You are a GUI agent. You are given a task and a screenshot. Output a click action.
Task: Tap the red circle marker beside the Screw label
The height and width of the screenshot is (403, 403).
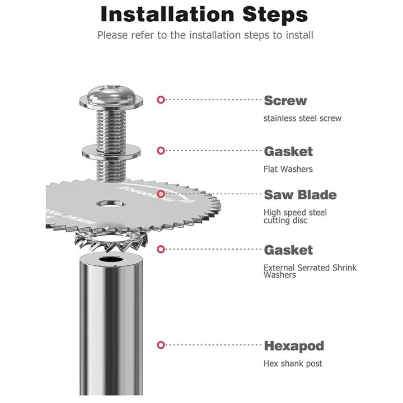tap(161, 100)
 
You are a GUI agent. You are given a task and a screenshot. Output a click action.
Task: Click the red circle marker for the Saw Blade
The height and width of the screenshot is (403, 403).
tap(161, 194)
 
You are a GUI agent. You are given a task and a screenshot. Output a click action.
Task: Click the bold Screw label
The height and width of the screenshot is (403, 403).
tap(285, 101)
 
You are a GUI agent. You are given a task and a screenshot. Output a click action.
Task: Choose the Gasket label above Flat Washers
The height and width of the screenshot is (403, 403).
tap(288, 151)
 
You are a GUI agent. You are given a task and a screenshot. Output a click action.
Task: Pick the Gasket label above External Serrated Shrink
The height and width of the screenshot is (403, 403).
tap(288, 250)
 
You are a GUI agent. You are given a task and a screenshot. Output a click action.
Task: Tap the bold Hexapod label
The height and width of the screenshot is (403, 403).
tap(293, 345)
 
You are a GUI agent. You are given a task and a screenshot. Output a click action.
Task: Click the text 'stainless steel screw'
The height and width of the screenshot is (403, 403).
tap(302, 118)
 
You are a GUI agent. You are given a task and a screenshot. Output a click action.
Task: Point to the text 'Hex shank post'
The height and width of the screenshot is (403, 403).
tap(293, 363)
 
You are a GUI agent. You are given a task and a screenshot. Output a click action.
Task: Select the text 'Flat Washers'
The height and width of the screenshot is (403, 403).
tap(288, 168)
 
